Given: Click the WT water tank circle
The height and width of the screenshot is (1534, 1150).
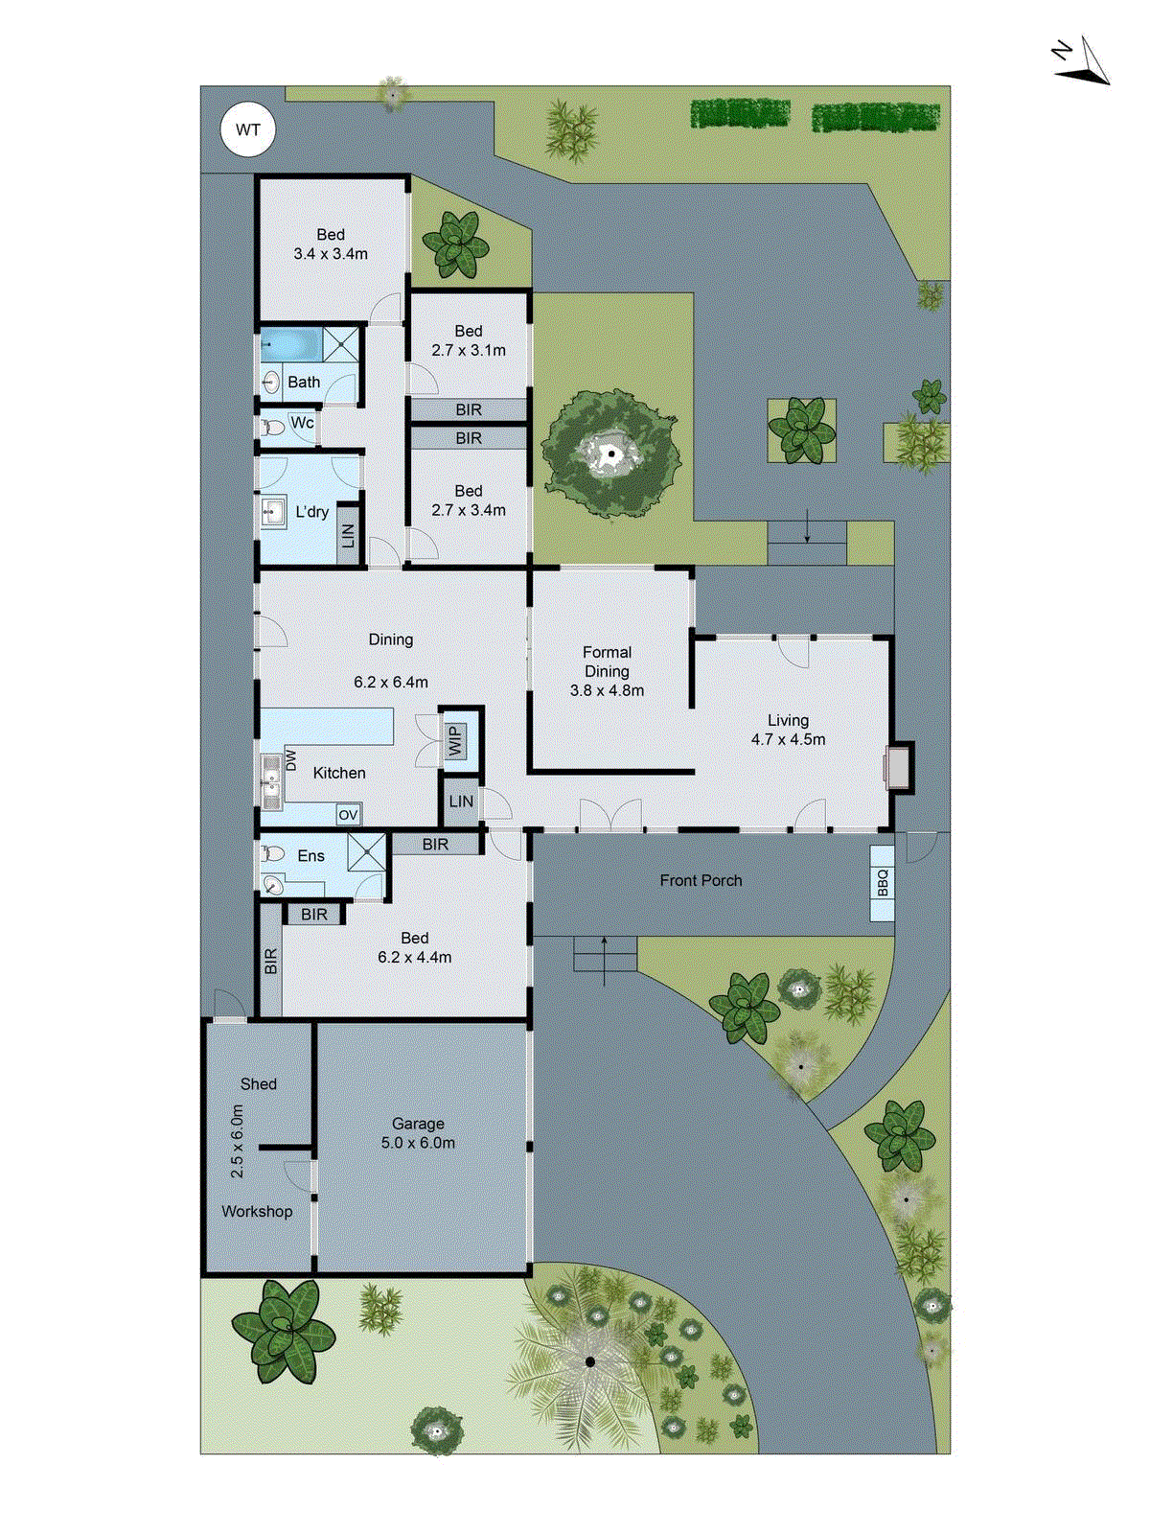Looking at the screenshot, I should click(x=247, y=130).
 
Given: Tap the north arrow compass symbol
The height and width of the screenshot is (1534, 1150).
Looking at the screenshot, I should click(x=1083, y=62).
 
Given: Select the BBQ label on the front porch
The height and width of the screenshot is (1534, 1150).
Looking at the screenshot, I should click(x=883, y=883).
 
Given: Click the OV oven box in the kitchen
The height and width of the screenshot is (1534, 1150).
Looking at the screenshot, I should click(x=348, y=815).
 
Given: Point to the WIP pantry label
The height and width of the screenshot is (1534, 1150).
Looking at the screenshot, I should click(x=455, y=739).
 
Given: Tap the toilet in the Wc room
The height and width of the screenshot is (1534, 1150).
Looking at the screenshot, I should click(x=272, y=426).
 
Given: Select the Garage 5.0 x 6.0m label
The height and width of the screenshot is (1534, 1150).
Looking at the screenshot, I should click(x=418, y=1133).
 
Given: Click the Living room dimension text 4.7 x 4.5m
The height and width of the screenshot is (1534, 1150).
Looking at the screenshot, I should click(x=788, y=739).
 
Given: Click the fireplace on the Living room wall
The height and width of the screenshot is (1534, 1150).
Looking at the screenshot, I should click(x=899, y=767).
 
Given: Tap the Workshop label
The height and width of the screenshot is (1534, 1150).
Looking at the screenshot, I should click(x=257, y=1211).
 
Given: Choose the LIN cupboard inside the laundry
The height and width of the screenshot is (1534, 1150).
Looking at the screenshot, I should click(x=348, y=534).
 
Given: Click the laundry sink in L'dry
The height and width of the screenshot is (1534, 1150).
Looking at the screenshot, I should click(x=273, y=511).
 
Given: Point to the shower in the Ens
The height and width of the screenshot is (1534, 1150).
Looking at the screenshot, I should click(x=365, y=849).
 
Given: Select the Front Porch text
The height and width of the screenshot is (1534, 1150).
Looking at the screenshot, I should click(x=701, y=880).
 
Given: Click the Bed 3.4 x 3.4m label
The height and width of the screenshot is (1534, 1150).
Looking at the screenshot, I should click(x=331, y=244).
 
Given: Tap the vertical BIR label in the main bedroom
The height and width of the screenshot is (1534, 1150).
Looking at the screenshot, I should click(x=270, y=961).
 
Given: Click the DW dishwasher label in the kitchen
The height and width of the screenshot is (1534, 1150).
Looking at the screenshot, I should click(x=291, y=760).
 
